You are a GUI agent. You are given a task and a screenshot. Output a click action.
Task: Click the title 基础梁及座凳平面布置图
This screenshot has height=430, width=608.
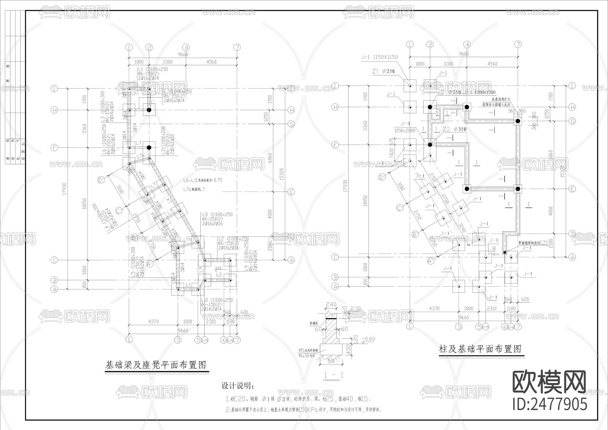click(156, 365)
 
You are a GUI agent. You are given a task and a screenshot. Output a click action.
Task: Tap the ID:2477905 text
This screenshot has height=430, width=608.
click(550, 404)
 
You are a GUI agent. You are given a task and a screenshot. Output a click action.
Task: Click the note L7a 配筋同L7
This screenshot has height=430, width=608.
click(194, 190)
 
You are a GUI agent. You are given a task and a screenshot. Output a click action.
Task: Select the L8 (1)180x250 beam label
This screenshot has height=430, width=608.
click(217, 215)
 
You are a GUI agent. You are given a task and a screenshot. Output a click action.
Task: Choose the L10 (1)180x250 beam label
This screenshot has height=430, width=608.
click(217, 300)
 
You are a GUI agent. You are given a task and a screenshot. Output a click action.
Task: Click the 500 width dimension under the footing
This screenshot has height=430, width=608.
click(331, 361)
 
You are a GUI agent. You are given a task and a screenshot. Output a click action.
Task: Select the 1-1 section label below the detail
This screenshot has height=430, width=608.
click(333, 375)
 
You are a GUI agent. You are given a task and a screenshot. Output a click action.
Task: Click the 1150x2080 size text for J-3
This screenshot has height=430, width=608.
click(405, 130)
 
